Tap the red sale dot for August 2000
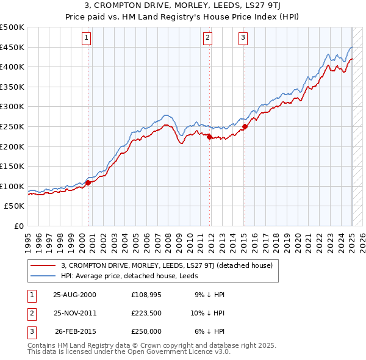pyautogui.click(x=88, y=182)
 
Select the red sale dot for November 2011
pyautogui.click(x=209, y=137)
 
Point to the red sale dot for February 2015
pyautogui.click(x=245, y=126)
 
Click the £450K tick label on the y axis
pyautogui.click(x=12, y=47)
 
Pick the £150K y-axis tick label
pyautogui.click(x=12, y=166)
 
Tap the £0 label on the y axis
pyautogui.click(x=19, y=226)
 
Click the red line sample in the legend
pyautogui.click(x=43, y=265)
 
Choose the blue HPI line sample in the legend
pyautogui.click(x=43, y=275)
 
